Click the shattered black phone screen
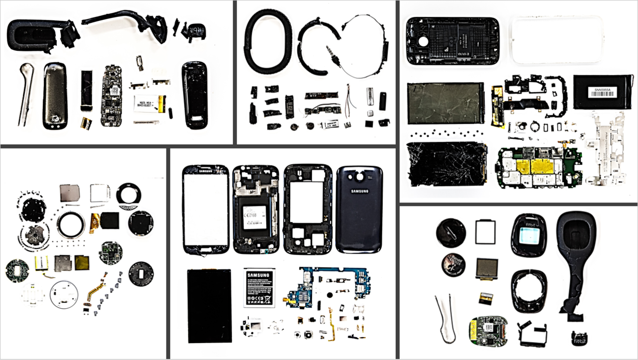(446, 165)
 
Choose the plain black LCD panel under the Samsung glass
(209, 305)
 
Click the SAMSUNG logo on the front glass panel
(206, 171)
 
